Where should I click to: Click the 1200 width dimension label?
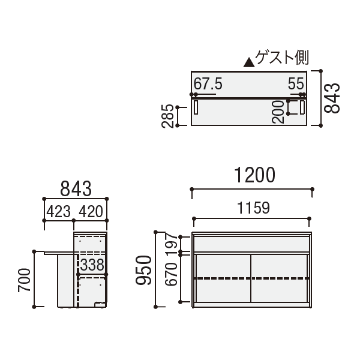click(254, 175)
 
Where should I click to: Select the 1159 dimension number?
click(253, 208)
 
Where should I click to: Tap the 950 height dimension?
click(143, 271)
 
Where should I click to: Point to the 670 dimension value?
click(171, 275)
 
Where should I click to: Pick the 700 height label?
click(24, 280)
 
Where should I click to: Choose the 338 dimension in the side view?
click(92, 265)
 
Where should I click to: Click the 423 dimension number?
click(59, 212)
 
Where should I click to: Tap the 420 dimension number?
click(91, 212)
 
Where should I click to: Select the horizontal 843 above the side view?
click(76, 189)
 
